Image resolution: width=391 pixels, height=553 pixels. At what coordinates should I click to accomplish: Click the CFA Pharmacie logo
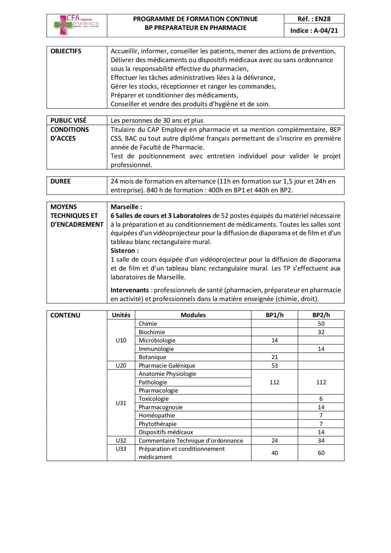[x=76, y=25]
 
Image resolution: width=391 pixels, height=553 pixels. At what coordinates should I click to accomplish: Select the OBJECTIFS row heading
[x=66, y=51]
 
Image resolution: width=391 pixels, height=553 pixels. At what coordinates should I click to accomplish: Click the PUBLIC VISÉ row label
[x=68, y=120]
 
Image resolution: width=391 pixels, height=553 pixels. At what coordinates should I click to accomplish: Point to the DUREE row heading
[x=60, y=181]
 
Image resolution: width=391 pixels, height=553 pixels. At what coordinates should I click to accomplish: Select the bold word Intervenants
[x=130, y=290]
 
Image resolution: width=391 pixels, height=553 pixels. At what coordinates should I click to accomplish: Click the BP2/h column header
[x=321, y=315]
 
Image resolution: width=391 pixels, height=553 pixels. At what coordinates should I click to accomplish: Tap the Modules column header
[x=193, y=315]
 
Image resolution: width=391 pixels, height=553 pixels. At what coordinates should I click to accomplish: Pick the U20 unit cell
[x=121, y=366]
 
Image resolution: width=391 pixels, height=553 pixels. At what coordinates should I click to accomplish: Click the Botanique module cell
[x=152, y=357]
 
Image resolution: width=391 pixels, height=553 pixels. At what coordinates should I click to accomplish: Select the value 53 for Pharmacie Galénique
[x=274, y=366]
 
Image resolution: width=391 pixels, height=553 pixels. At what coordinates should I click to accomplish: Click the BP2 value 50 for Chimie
[x=321, y=324]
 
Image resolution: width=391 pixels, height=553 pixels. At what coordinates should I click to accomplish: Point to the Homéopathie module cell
[x=157, y=415]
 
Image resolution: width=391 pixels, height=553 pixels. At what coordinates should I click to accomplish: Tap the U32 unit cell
[x=121, y=441]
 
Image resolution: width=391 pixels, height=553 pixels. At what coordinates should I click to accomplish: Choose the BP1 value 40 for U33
[x=274, y=453]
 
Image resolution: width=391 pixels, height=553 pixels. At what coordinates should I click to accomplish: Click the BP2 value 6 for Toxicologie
[x=321, y=399]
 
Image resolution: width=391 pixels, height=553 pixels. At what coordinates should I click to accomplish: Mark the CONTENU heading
[x=65, y=315]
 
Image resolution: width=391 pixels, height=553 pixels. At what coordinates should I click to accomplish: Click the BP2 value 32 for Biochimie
[x=321, y=332]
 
